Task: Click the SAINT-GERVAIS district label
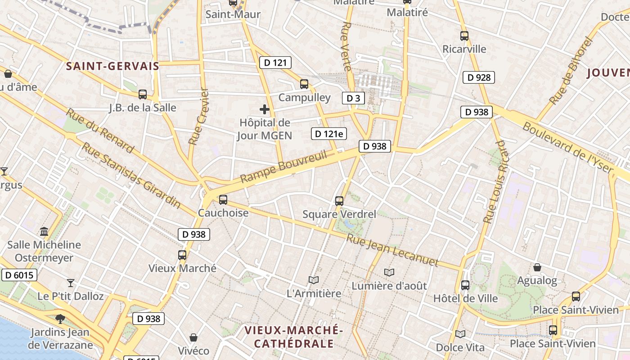tap(112, 66)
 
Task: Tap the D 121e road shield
tap(329, 133)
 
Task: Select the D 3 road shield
tap(353, 98)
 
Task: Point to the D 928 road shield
tap(479, 77)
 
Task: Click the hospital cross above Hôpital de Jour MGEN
tap(265, 109)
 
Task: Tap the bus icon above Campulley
tap(304, 84)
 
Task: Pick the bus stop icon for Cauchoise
tap(223, 200)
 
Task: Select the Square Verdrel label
tap(339, 214)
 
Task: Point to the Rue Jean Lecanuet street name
tap(392, 250)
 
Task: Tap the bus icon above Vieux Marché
tap(182, 255)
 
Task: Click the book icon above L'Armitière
tap(314, 280)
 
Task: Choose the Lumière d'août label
tap(389, 285)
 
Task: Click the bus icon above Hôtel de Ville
tap(465, 285)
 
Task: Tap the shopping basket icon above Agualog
tap(537, 268)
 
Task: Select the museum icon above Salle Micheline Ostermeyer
tap(44, 232)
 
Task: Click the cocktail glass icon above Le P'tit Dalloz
tap(70, 283)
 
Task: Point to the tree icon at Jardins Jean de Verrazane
tap(60, 319)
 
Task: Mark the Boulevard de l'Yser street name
tap(568, 148)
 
